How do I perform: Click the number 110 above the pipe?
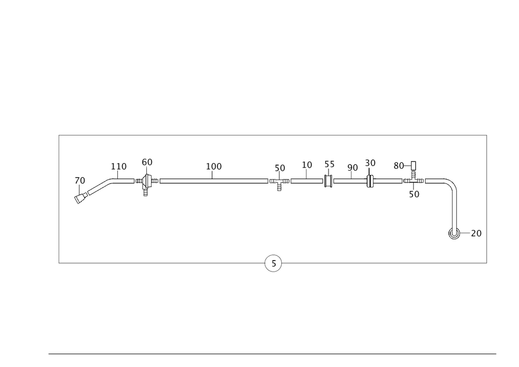pos(119,166)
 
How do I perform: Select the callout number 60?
pos(147,162)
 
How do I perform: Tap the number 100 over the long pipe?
pos(214,166)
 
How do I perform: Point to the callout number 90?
pos(352,167)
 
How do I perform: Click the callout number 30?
pos(370,163)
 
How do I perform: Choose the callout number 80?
pos(399,166)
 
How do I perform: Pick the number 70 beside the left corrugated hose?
pos(79,180)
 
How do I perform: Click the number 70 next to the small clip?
pos(475,234)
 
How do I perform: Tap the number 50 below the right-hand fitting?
pos(414,194)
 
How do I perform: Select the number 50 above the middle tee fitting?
pos(280,168)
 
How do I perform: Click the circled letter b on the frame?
pos(274,263)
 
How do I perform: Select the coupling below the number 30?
pos(371,181)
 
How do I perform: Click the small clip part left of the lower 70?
pos(453,235)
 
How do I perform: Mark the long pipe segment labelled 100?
pos(214,180)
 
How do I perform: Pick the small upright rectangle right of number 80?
pos(414,166)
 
